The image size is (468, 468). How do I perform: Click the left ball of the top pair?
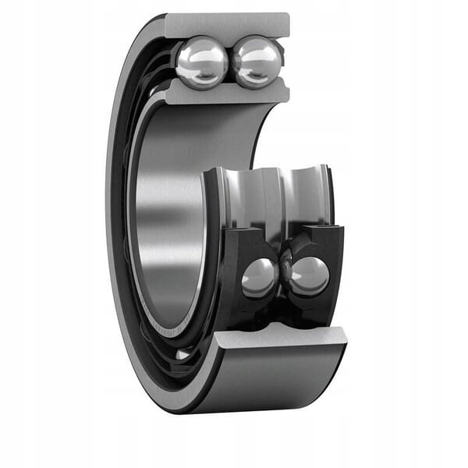coord(201,63)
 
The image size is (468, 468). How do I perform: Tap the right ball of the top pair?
coord(257,62)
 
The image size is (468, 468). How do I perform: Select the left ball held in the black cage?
coord(258,278)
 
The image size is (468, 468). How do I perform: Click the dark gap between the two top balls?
coord(229,62)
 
